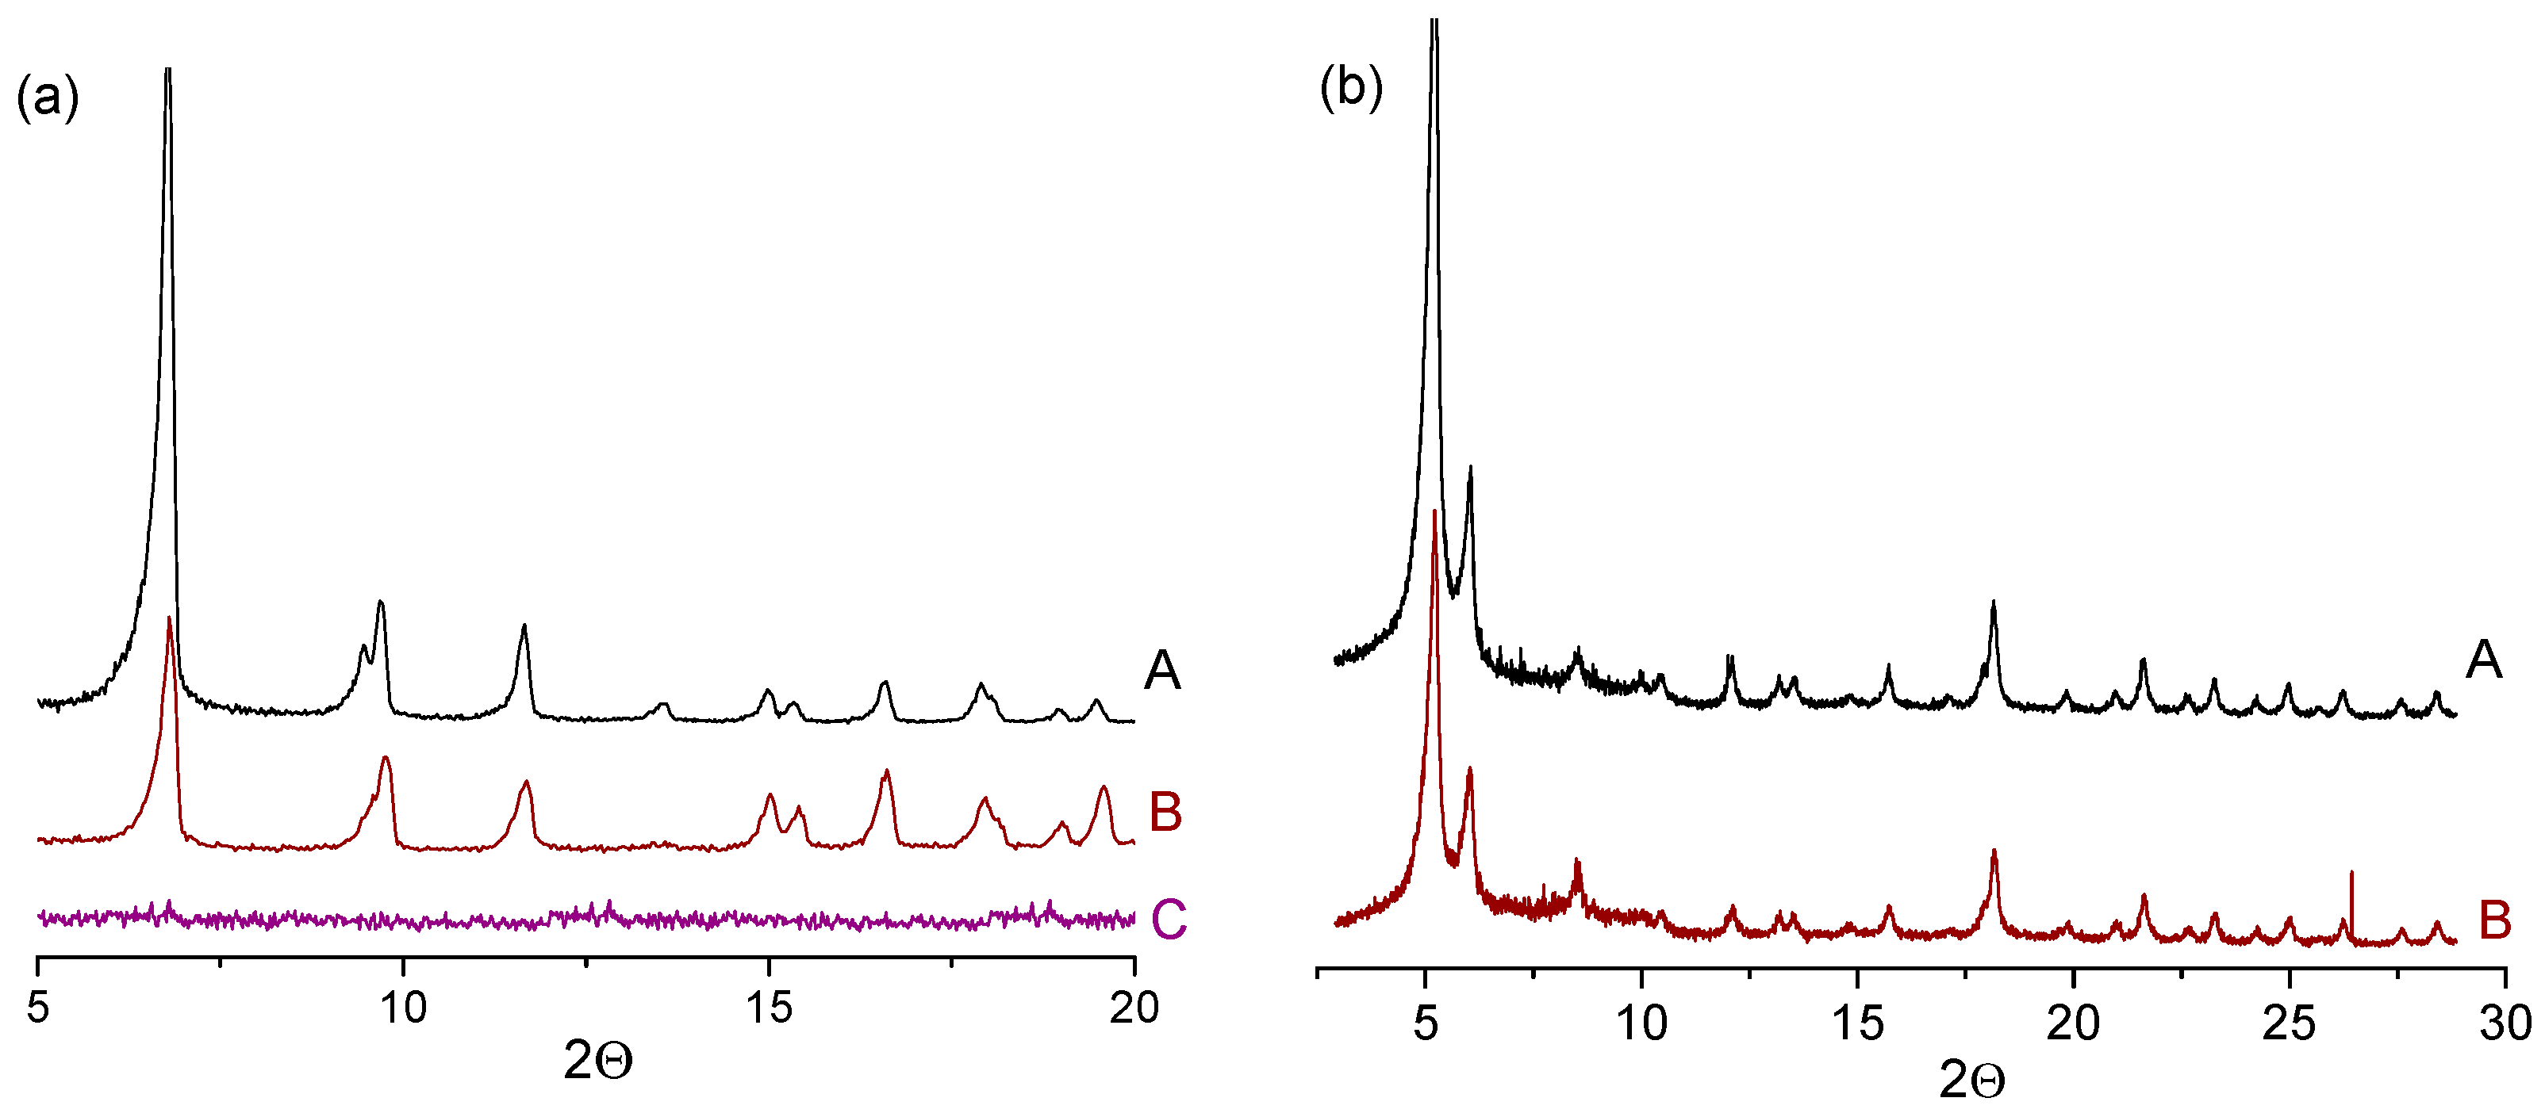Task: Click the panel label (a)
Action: coord(47,99)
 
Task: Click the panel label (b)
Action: coord(1350,88)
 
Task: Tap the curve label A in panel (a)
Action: coord(1162,671)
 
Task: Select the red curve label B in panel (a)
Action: coord(1166,813)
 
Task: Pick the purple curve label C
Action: coord(1168,920)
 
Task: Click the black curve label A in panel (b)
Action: coord(2484,660)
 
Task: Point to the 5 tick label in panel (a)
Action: coord(37,1008)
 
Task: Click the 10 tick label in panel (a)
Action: coord(403,1008)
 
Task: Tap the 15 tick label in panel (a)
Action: coord(769,1008)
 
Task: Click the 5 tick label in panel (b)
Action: coord(1425,1023)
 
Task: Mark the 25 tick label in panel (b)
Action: coord(2289,1023)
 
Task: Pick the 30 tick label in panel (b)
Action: coord(2505,1023)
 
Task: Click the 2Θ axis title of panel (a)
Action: coord(597,1062)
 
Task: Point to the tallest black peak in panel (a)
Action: coord(168,74)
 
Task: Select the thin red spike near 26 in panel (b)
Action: coord(2351,874)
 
